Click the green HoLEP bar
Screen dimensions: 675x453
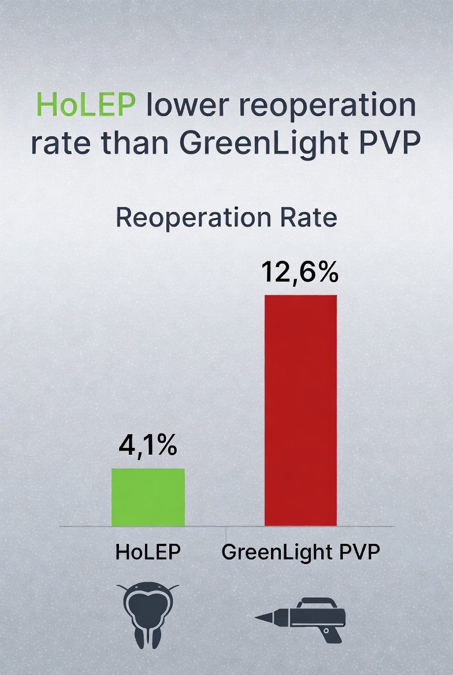point(148,497)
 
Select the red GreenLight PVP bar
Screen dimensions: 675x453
point(300,410)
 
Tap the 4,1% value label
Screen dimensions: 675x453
point(148,446)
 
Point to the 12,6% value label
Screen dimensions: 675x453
point(299,272)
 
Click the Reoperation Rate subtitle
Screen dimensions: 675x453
point(226,218)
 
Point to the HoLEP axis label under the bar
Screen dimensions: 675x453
point(148,552)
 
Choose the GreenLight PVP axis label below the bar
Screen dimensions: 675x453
point(301,552)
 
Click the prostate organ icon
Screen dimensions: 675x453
point(148,613)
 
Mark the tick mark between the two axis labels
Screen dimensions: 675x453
point(225,529)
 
